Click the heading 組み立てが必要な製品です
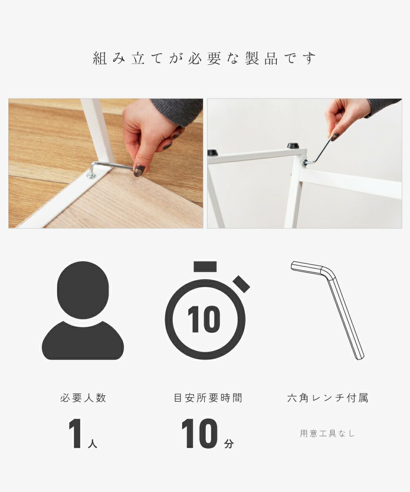[204, 58]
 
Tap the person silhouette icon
[83, 310]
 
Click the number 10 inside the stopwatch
[204, 319]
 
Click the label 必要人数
[83, 398]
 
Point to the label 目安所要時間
[208, 398]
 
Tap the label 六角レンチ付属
[328, 398]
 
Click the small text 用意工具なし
[327, 433]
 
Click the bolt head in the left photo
[91, 175]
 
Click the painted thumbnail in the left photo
[139, 170]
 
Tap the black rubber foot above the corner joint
[293, 146]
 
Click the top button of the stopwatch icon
[205, 266]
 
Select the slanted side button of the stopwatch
[241, 284]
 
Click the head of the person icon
[83, 290]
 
